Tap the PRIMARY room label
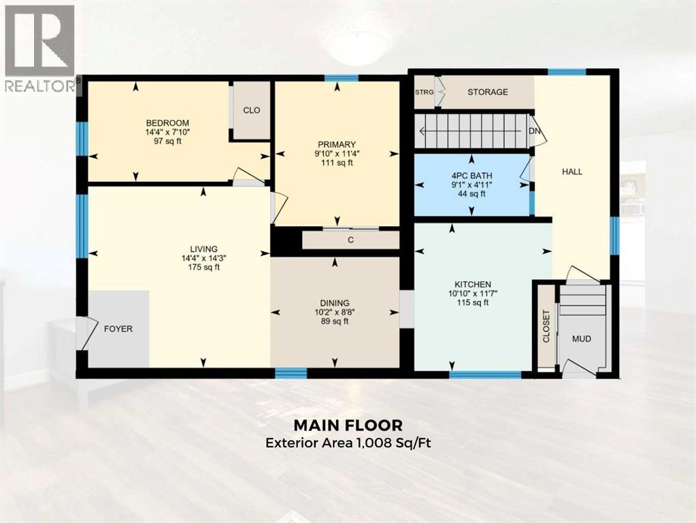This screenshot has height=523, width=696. point(337,144)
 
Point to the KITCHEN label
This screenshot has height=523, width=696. point(473,284)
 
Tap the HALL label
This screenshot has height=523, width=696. point(572,172)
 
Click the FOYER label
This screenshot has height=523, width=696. point(118,329)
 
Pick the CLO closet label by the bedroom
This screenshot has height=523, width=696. point(252,110)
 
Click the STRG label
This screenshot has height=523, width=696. point(425,92)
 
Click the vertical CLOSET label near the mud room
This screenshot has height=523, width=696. point(546,326)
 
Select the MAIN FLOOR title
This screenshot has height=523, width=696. point(348,425)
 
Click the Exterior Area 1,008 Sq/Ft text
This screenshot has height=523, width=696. point(348,443)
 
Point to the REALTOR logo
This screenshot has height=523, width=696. point(39,48)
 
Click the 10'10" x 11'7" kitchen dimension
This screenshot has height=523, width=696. point(473,294)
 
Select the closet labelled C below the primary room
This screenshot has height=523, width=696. point(350,240)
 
